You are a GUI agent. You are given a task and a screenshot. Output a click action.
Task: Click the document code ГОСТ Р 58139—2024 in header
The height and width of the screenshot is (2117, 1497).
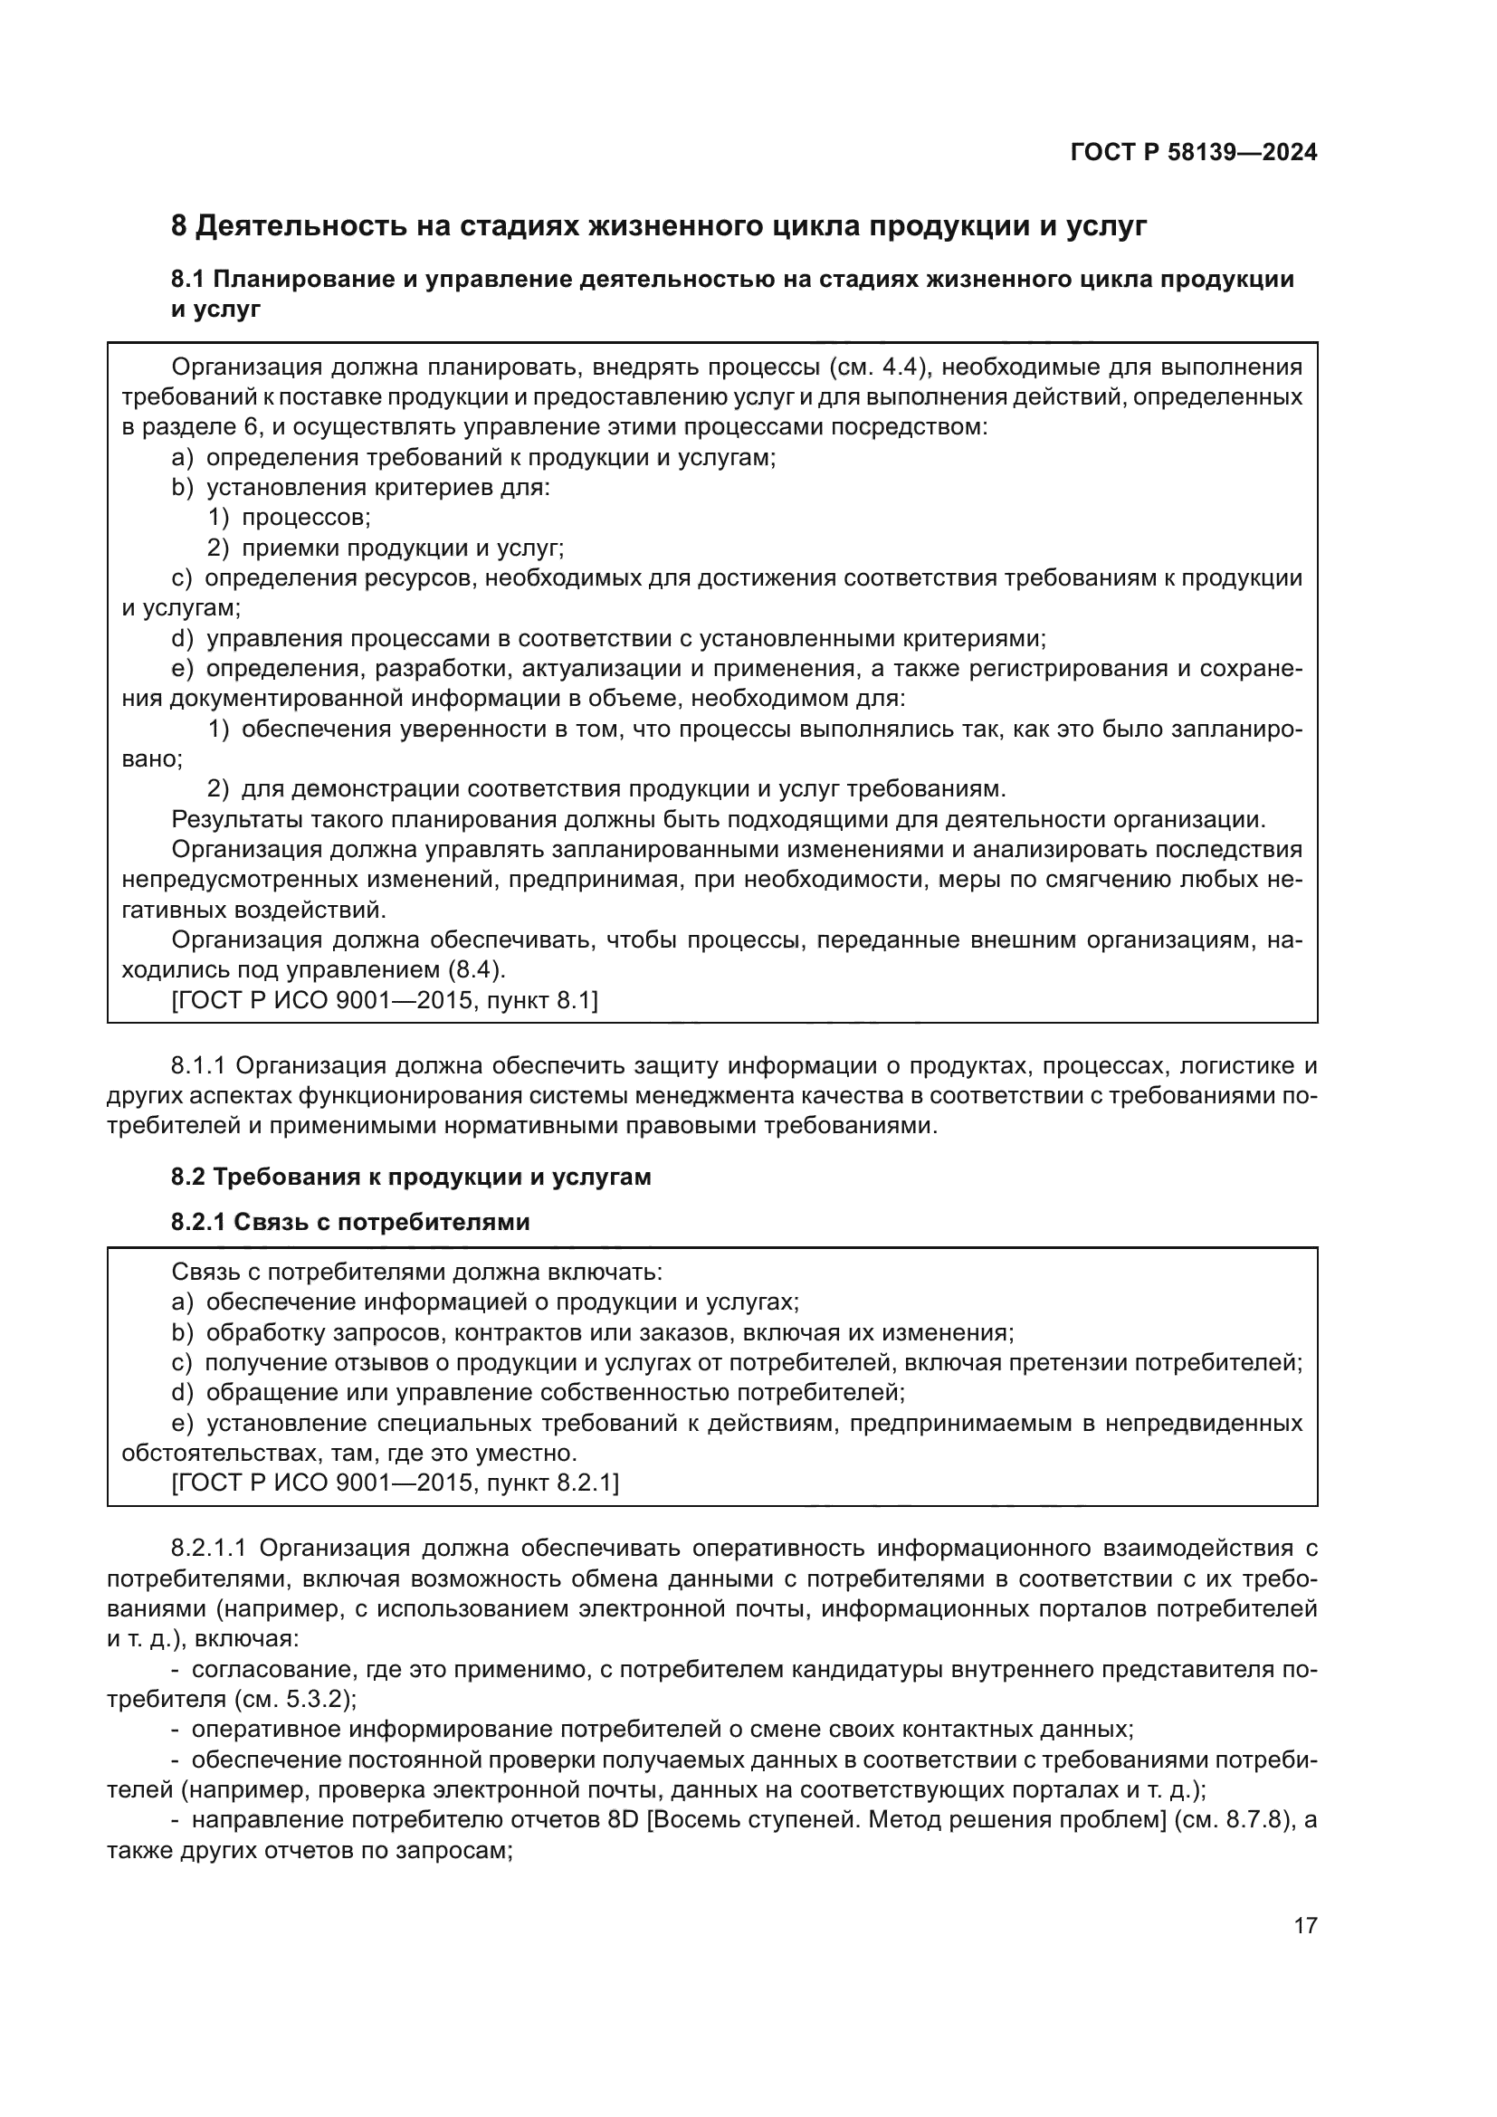(1194, 152)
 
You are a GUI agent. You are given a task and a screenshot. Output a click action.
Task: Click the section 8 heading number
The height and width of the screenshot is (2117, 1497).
(179, 226)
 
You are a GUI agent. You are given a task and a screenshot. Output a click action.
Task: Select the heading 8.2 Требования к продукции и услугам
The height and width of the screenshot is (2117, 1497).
(411, 1178)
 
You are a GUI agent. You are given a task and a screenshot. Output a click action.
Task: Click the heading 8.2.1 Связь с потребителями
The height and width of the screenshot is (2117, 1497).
(350, 1223)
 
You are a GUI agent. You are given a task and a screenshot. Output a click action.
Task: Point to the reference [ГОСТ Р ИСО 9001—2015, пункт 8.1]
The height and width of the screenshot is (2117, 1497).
(385, 1000)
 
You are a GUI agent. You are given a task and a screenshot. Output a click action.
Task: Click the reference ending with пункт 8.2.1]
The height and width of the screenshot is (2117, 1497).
(396, 1483)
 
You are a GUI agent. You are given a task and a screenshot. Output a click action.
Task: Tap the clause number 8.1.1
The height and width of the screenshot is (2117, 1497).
(198, 1067)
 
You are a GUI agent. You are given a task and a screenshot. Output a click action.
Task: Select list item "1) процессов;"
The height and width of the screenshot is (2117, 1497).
(290, 519)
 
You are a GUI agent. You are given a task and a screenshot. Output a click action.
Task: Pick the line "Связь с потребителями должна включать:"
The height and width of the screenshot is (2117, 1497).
(416, 1273)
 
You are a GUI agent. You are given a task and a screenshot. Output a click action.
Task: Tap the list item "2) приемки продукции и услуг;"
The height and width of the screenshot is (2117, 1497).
(386, 548)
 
